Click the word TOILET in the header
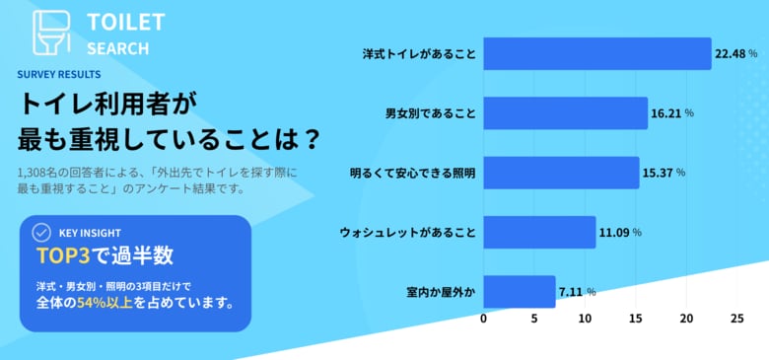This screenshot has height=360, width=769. click(125, 22)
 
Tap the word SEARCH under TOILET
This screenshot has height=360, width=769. click(117, 47)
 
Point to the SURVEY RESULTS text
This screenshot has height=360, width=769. click(58, 74)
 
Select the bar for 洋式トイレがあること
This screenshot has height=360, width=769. click(596, 54)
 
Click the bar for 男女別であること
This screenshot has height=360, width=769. click(565, 113)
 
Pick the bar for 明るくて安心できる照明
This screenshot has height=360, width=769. click(561, 173)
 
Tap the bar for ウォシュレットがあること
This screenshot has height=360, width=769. click(539, 233)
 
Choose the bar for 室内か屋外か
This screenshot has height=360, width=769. click(519, 292)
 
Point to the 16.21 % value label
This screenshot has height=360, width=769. click(672, 113)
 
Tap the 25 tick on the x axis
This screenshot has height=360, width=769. click(736, 320)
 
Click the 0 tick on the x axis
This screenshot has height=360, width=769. click(483, 320)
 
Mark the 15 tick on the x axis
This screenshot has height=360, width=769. click(635, 320)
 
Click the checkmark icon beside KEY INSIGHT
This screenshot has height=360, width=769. click(41, 233)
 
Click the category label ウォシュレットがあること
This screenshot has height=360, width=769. click(407, 233)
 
